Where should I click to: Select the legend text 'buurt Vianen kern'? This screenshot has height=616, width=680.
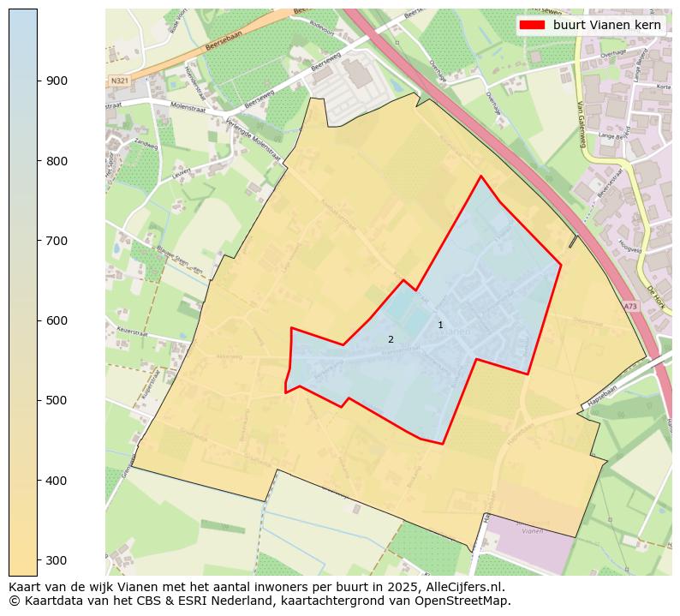(x=606, y=25)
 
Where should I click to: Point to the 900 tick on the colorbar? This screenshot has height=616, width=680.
(x=38, y=81)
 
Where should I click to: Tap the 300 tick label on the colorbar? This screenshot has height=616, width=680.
(x=57, y=560)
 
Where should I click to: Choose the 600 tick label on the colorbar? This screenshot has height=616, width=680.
(x=57, y=320)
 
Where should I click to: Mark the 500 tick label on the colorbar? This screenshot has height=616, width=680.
(x=57, y=400)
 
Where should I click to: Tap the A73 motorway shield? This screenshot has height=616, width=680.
(x=630, y=306)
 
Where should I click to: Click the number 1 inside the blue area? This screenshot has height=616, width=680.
(x=440, y=325)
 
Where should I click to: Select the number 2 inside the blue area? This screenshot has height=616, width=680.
(x=391, y=339)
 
